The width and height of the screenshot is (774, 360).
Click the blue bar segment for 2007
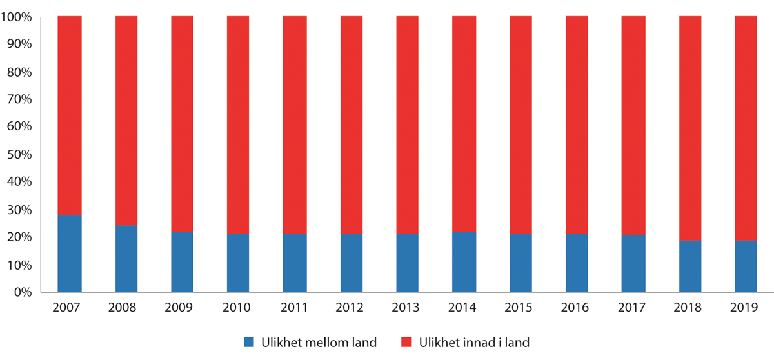point(70,254)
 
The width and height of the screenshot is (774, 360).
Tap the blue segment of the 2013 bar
point(408,263)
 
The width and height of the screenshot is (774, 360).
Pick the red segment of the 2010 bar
point(239,125)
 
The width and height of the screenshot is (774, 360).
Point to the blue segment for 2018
point(690,266)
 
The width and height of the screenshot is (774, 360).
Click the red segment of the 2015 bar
point(521,125)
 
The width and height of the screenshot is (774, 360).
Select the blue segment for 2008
point(126,259)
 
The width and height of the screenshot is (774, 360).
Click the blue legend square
point(250,343)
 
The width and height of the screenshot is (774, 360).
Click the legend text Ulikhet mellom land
point(319,343)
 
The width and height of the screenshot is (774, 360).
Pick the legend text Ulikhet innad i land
point(473,343)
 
